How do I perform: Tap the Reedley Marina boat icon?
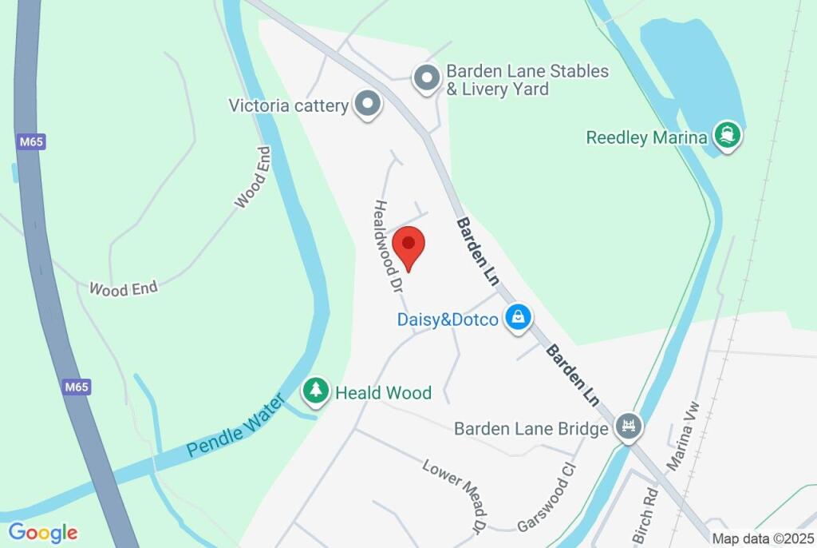click(727, 136)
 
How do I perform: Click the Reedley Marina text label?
click(646, 137)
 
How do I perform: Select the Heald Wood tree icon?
click(317, 391)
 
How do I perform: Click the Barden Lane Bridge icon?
click(629, 427)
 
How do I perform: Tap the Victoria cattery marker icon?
click(368, 104)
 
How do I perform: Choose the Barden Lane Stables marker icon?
click(427, 79)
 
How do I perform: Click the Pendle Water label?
click(235, 426)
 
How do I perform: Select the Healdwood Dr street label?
click(387, 246)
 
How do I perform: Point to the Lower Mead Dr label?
click(454, 496)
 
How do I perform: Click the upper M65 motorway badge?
click(31, 142)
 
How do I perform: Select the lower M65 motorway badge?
click(77, 387)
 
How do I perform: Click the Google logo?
click(43, 533)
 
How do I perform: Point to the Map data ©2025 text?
click(762, 539)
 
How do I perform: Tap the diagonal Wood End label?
click(253, 177)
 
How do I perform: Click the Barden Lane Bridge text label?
click(531, 429)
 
